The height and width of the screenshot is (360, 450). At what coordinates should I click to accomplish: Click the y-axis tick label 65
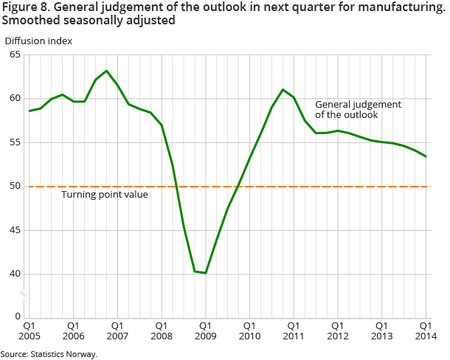point(15,55)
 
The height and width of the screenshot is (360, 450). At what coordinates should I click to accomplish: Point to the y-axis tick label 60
point(15,99)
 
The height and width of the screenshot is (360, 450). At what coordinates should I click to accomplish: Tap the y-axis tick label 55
point(15,142)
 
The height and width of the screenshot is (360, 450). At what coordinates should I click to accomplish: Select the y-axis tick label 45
point(15,230)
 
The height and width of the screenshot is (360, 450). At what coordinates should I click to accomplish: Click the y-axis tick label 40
point(15,274)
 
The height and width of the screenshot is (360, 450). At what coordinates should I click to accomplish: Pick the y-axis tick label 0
point(18,317)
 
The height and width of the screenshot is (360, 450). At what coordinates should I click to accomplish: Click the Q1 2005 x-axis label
point(30,330)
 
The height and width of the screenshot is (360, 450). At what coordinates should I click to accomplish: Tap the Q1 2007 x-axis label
point(117,330)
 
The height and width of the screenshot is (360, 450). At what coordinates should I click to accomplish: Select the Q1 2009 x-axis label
point(205,330)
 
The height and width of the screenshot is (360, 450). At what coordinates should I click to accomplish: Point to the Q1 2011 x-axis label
point(293,330)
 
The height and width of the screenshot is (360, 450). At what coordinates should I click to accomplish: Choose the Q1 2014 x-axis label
point(425,330)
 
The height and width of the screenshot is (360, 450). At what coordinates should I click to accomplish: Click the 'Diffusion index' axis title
point(38,41)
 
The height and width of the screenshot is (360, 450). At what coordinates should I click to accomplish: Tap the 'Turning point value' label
point(105,195)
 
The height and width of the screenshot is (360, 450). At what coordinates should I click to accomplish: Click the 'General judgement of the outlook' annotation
point(358,109)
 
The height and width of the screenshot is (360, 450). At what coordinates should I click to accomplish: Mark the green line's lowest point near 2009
point(206,273)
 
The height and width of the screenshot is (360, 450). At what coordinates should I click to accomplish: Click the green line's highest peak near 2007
point(107,71)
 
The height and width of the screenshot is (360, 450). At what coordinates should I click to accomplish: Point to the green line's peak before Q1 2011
point(283,89)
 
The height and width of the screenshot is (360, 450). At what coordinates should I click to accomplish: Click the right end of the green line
point(426,156)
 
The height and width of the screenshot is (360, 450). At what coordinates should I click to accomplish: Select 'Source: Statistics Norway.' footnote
point(49,354)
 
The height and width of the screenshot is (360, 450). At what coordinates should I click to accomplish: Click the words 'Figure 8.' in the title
point(24,7)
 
